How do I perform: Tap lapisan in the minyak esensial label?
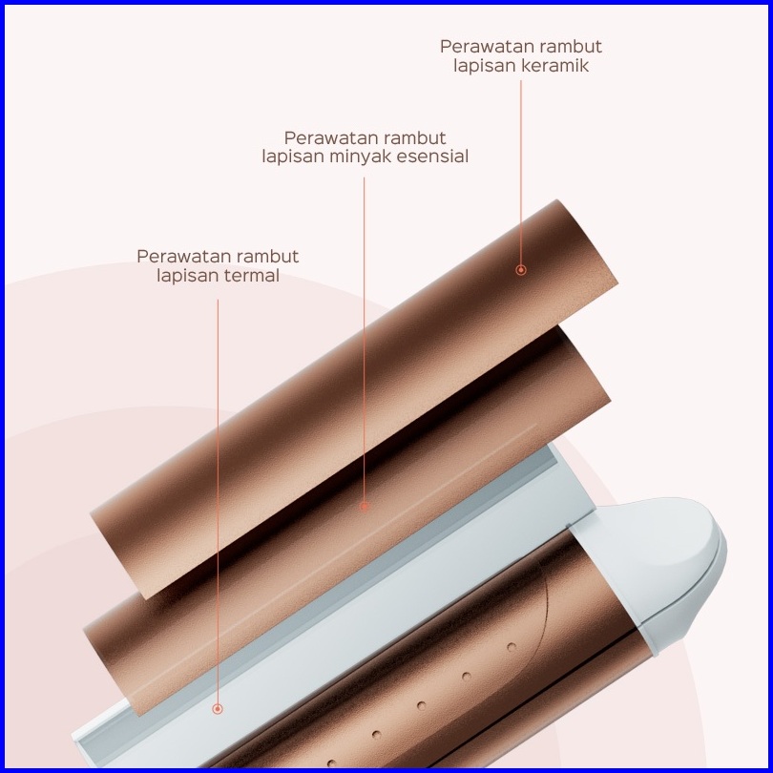pyautogui.click(x=292, y=157)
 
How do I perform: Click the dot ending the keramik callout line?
pyautogui.click(x=521, y=270)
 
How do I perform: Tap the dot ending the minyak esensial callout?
pyautogui.click(x=365, y=507)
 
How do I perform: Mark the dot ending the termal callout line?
pyautogui.click(x=218, y=709)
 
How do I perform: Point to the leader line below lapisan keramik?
pyautogui.click(x=521, y=172)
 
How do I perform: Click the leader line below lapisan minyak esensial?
pyautogui.click(x=365, y=334)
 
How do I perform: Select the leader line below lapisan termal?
pyautogui.click(x=218, y=496)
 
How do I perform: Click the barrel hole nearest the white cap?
pyautogui.click(x=511, y=647)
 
